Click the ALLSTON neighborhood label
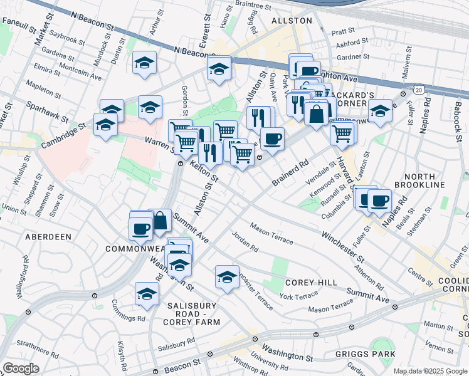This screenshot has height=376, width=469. [x=291, y=21]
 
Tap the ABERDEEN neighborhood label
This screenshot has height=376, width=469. [x=48, y=237]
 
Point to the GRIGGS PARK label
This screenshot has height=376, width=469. [x=373, y=354]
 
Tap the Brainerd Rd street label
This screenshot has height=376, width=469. [x=291, y=172]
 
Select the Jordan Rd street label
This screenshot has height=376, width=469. [x=245, y=243]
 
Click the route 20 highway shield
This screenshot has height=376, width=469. [x=418, y=91]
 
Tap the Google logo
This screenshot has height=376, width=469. [x=21, y=368]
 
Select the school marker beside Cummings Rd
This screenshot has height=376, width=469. [x=147, y=293]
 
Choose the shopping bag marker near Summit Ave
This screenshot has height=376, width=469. [x=160, y=220]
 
